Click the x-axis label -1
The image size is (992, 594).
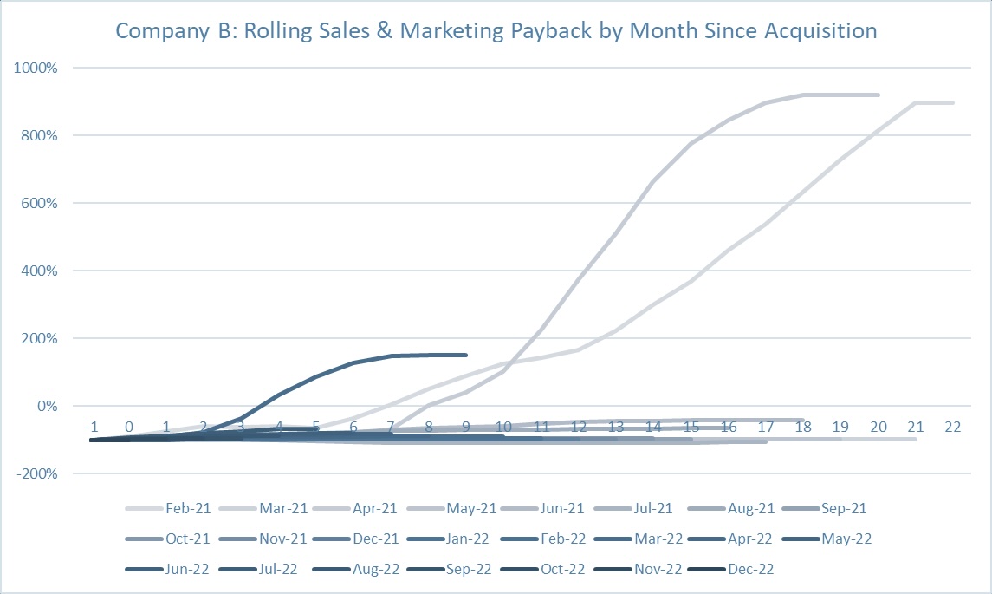click(x=91, y=427)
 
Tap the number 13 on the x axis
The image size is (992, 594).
click(x=616, y=427)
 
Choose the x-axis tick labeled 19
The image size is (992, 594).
click(x=841, y=427)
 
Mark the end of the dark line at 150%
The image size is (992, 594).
click(x=466, y=355)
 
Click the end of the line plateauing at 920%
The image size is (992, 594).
click(x=879, y=95)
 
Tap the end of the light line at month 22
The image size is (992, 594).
click(x=954, y=102)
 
